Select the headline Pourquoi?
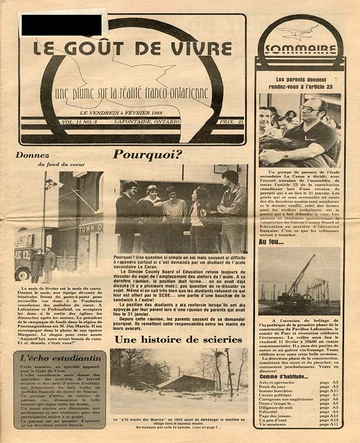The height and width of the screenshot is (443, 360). pyautogui.click(x=147, y=154)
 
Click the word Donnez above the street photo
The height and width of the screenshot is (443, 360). pyautogui.click(x=32, y=156)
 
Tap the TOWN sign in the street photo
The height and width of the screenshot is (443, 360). pyautogui.click(x=90, y=228)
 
